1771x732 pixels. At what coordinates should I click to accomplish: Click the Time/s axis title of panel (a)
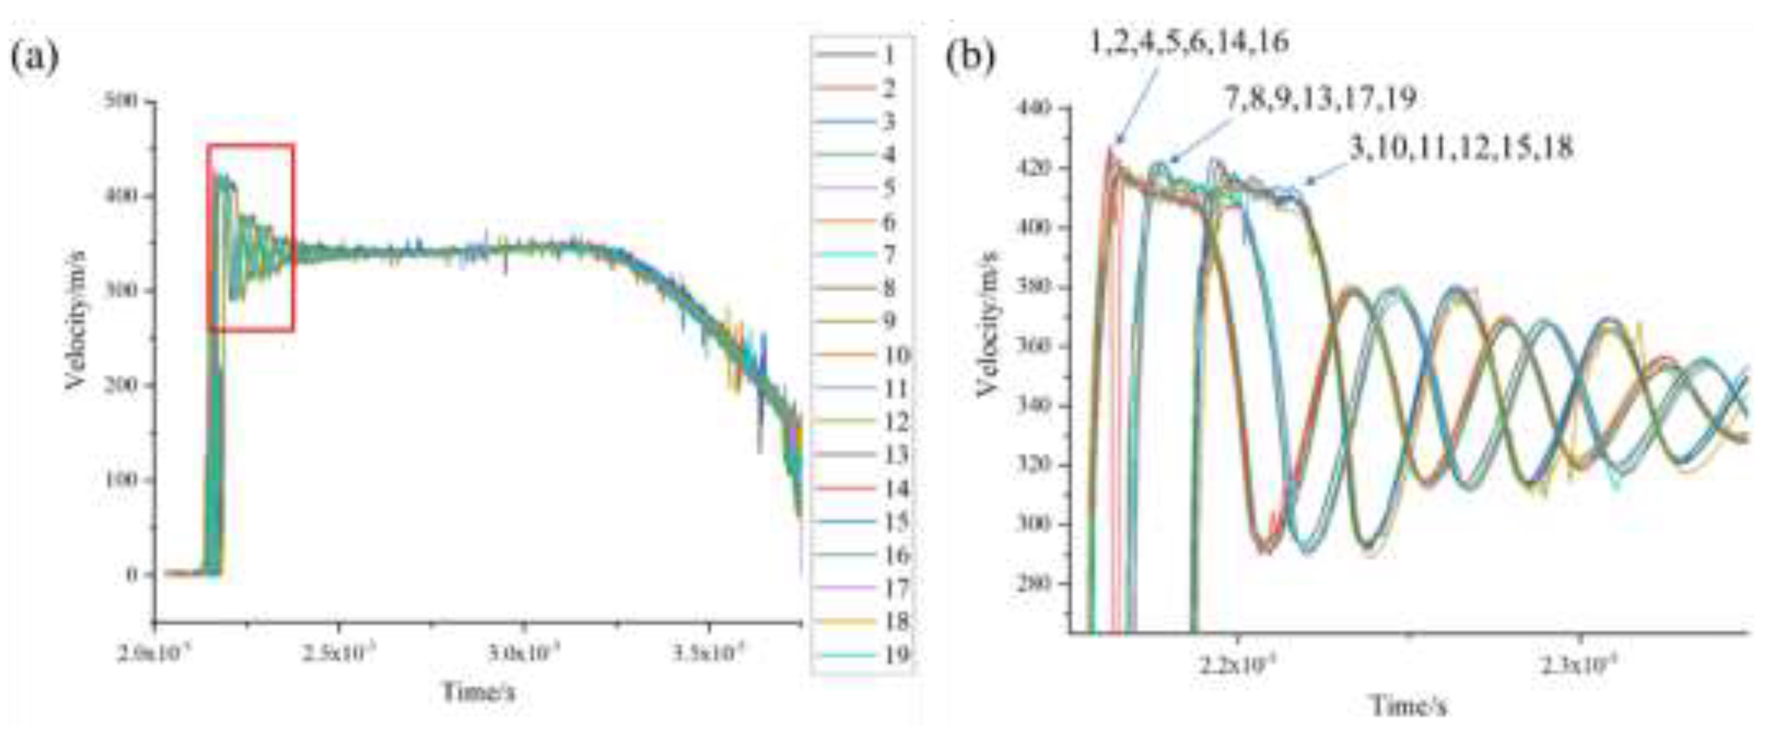click(x=478, y=691)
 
